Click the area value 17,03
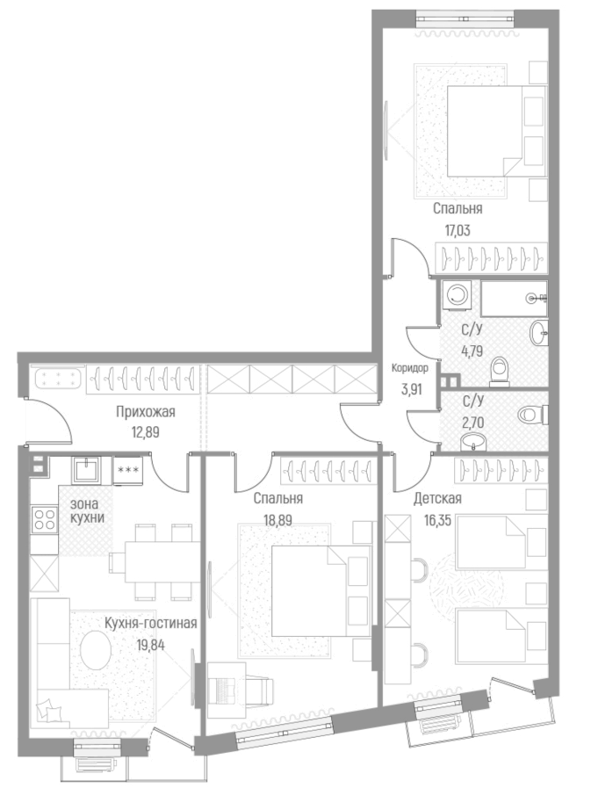(x=458, y=234)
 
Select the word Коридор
(x=410, y=369)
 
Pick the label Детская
(x=437, y=499)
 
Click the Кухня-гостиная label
(x=150, y=623)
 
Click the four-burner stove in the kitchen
(x=45, y=519)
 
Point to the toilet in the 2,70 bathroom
(x=532, y=413)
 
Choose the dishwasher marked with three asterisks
(x=128, y=470)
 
